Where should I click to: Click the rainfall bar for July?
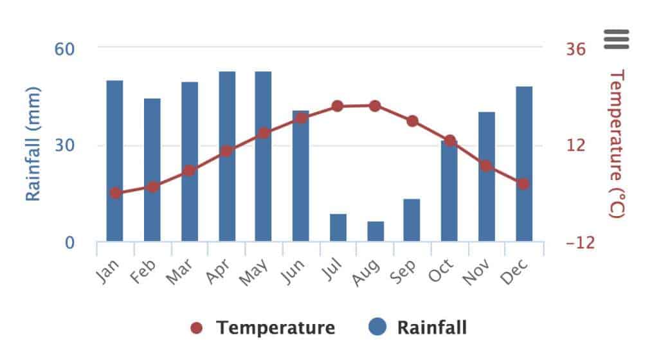(x=338, y=228)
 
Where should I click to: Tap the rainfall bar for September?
(x=412, y=221)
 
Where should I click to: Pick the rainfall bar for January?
(x=114, y=161)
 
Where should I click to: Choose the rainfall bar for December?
(x=524, y=164)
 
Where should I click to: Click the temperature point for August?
(x=376, y=106)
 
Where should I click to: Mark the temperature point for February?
(x=152, y=186)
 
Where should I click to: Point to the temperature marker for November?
(x=486, y=166)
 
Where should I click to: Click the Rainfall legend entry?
(x=418, y=328)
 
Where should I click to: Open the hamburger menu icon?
(x=617, y=39)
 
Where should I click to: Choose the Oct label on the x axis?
(x=442, y=270)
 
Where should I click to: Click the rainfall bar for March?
(x=190, y=162)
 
